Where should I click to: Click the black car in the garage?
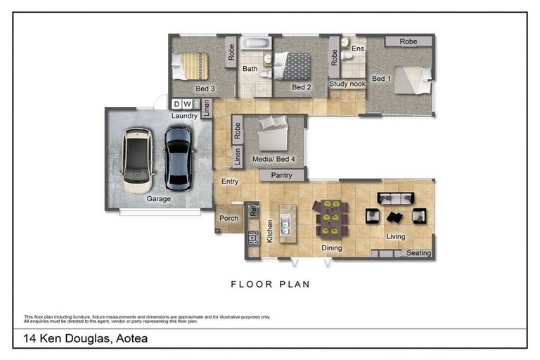(x=178, y=158)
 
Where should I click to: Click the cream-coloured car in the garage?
(x=137, y=160)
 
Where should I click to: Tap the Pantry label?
(x=281, y=175)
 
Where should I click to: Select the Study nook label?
(x=347, y=84)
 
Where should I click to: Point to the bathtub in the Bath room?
(x=256, y=44)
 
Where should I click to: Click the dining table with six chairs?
(x=330, y=219)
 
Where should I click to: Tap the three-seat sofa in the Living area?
(x=395, y=198)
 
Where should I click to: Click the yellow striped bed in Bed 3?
(x=190, y=66)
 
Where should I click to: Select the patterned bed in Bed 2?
(x=292, y=66)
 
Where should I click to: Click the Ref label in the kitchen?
(x=253, y=210)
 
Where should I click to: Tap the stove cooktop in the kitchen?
(x=253, y=238)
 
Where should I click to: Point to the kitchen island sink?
(x=285, y=224)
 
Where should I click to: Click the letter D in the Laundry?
(x=176, y=103)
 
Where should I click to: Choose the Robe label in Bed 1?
(x=409, y=41)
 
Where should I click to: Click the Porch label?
(x=229, y=218)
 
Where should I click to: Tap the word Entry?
(x=230, y=181)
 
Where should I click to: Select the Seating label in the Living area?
(x=419, y=253)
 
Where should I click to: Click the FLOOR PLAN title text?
(x=271, y=284)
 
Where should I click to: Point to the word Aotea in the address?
(x=132, y=338)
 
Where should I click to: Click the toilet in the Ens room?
(x=347, y=56)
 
